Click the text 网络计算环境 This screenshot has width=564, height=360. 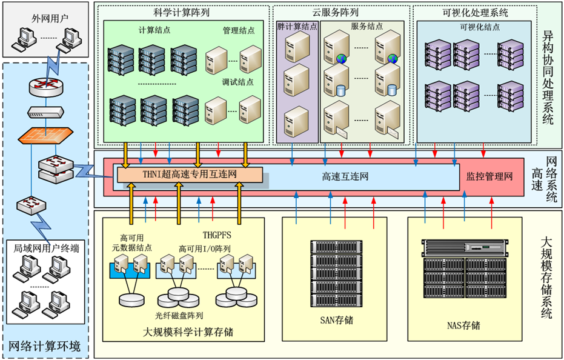tap(45, 346)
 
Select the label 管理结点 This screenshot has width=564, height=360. tap(238, 30)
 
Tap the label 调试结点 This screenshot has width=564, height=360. tap(238, 82)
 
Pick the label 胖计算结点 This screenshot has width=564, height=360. tap(297, 27)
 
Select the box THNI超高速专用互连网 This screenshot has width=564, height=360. tap(190, 176)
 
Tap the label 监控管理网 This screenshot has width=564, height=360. tap(489, 177)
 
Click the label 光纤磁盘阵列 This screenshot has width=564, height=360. tap(179, 316)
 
